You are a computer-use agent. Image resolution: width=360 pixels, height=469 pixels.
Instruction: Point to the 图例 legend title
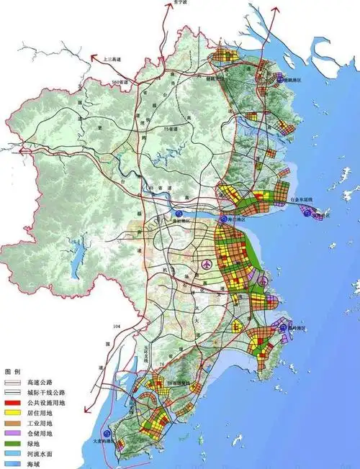[13, 371]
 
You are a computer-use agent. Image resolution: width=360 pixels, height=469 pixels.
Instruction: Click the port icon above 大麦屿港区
[107, 434]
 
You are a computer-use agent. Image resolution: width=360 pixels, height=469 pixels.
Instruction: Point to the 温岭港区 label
[297, 327]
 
